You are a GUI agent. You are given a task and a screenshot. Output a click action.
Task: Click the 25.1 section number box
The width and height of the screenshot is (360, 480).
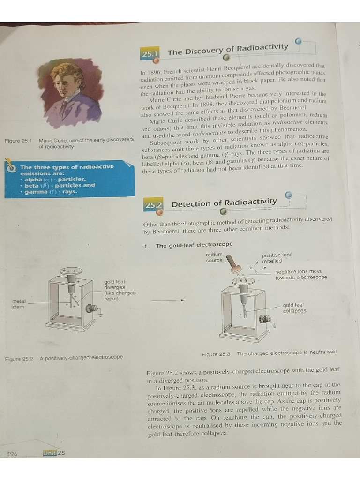click(x=150, y=54)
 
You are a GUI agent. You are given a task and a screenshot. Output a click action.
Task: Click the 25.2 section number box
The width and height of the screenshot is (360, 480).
click(x=153, y=205)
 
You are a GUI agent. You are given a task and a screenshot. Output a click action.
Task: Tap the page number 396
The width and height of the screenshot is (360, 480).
click(x=12, y=453)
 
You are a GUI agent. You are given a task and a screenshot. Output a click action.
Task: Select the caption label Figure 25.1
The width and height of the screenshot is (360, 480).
click(x=18, y=140)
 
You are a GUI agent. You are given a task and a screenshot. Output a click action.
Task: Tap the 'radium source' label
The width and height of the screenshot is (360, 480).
click(x=214, y=257)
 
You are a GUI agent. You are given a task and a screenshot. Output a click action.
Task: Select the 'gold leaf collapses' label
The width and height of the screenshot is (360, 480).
click(x=294, y=307)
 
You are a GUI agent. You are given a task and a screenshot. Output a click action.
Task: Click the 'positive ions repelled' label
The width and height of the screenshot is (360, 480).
click(x=277, y=258)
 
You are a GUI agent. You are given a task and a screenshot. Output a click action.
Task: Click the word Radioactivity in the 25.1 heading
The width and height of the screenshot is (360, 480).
click(x=262, y=48)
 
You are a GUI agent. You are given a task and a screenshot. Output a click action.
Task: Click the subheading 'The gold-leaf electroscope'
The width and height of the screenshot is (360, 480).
click(x=194, y=245)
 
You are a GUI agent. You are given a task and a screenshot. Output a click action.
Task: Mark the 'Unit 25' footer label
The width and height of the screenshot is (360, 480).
click(x=54, y=453)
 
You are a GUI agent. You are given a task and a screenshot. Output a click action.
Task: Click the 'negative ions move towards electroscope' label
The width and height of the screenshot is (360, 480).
click(x=301, y=274)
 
